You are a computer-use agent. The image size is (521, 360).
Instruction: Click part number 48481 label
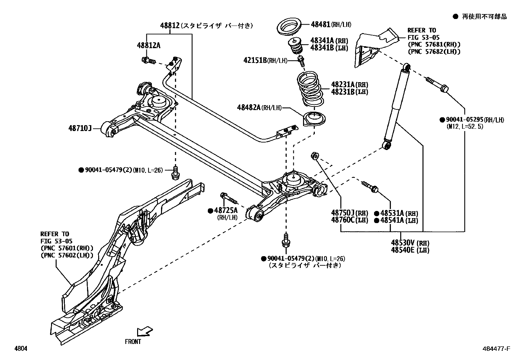point(320,24)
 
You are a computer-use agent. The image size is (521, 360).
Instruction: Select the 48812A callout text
point(149,46)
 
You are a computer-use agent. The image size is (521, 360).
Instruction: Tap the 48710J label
point(80,128)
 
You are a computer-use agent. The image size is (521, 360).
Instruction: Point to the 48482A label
point(249,107)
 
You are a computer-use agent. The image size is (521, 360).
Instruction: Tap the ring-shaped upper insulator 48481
point(289,28)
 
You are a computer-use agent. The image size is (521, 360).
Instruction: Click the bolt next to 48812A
point(148,61)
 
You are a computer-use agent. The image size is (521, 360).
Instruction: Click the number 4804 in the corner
point(20,349)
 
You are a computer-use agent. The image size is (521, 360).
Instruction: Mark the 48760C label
point(343,220)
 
